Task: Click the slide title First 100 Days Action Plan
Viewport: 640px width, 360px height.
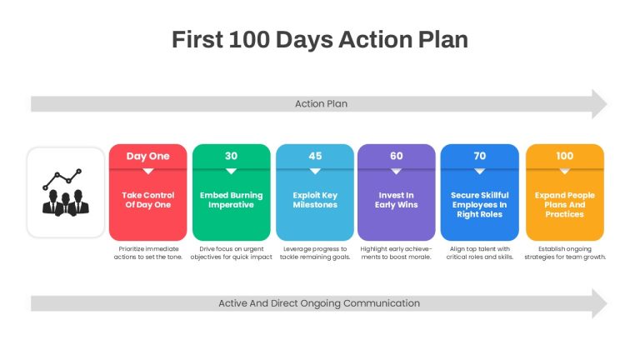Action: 320,40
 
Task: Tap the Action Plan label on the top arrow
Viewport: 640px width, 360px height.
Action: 321,103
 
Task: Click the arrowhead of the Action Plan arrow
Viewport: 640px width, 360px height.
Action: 599,104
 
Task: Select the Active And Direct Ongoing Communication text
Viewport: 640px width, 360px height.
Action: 319,303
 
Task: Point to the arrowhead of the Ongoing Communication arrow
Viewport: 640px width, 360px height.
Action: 599,303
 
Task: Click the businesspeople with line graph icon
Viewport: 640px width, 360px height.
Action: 66,192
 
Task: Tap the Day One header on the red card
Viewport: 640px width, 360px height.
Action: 147,156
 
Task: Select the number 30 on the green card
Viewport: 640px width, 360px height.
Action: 231,156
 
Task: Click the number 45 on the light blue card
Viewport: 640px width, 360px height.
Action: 315,156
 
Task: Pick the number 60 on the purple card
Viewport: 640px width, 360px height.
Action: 397,156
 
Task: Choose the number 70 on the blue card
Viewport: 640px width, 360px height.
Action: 480,156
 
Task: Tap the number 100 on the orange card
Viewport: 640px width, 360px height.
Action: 564,156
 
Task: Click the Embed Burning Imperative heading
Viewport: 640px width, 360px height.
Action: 231,200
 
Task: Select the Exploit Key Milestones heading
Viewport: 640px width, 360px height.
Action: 315,200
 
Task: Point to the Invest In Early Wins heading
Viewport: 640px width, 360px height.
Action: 397,200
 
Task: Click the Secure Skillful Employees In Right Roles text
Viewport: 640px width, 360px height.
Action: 480,204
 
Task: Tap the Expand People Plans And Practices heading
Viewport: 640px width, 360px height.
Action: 564,204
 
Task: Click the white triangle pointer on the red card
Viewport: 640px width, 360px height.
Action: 148,172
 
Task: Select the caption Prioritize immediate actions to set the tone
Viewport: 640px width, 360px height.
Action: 148,252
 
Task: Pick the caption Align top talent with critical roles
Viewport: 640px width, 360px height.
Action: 480,252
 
